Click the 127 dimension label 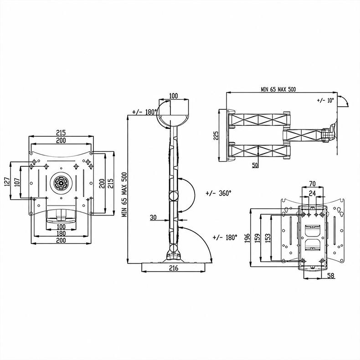click(7, 181)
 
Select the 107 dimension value click(17, 182)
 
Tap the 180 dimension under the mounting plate click(61, 233)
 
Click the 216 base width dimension click(174, 268)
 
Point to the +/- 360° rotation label click(218, 193)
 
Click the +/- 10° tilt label click(325, 100)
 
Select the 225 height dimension click(216, 135)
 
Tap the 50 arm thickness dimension click(255, 165)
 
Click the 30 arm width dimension click(153, 217)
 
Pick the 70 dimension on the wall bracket click(312, 184)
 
